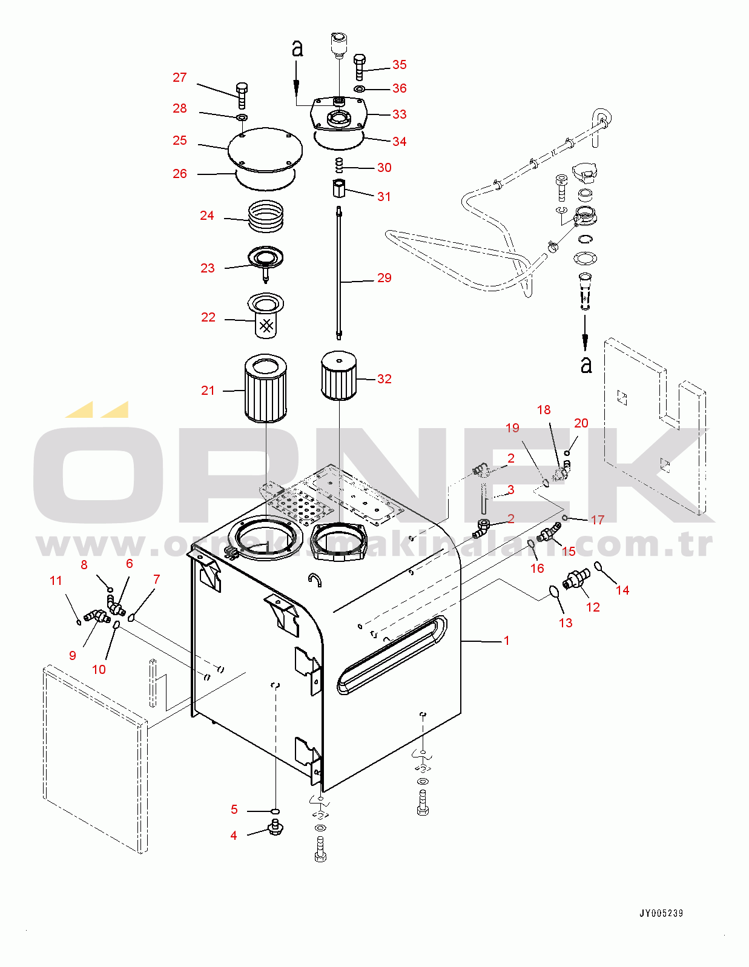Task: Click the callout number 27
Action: (179, 78)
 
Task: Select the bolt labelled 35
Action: (358, 66)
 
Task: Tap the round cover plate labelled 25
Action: (265, 150)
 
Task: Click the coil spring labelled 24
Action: (266, 216)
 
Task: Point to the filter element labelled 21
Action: (265, 388)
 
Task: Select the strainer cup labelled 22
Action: (265, 317)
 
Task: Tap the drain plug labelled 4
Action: (276, 827)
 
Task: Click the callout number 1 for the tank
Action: (506, 641)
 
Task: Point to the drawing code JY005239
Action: (661, 913)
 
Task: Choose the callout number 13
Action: (565, 623)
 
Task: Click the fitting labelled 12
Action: (576, 579)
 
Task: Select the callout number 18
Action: (544, 410)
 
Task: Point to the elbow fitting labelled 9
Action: (96, 617)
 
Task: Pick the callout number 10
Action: (99, 670)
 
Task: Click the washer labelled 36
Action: (359, 89)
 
